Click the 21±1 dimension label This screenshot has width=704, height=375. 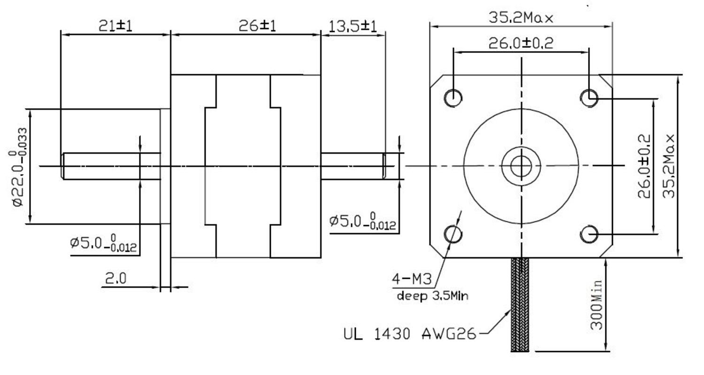[x=115, y=25]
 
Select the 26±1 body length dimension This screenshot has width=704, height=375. [x=257, y=25]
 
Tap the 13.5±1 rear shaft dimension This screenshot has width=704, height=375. [x=352, y=26]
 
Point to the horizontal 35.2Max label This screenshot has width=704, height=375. [x=521, y=18]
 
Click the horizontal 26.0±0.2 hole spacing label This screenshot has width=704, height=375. [x=521, y=43]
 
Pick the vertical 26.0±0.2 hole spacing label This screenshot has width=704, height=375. [x=645, y=166]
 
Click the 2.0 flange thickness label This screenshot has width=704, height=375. [x=115, y=279]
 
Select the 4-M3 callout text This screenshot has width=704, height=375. [x=412, y=279]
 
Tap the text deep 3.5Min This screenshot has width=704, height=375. [x=432, y=296]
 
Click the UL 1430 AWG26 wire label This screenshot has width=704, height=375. [x=409, y=334]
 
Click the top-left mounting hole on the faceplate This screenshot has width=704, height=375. [x=453, y=98]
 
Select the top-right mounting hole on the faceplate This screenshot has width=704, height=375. [x=589, y=98]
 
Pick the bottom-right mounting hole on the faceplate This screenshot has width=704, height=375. [x=589, y=234]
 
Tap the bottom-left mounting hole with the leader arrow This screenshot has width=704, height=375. [x=453, y=234]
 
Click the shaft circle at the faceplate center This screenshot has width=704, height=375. [x=520, y=166]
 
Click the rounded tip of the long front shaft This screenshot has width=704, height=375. [x=63, y=166]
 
